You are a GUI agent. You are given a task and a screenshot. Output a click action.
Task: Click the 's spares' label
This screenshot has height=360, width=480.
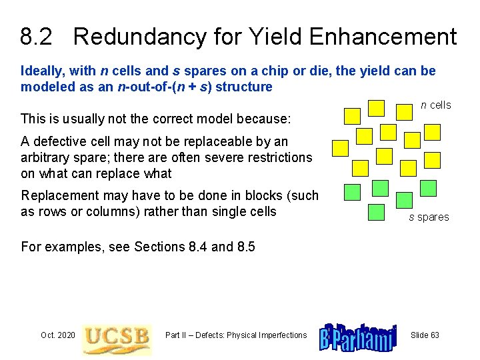tap(429, 217)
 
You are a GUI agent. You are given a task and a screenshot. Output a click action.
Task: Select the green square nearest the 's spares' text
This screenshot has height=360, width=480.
tap(404, 200)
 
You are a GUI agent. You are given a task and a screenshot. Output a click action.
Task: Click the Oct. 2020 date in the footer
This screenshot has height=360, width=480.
tap(58, 335)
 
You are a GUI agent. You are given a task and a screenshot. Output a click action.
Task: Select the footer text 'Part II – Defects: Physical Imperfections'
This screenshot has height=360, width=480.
tap(236, 335)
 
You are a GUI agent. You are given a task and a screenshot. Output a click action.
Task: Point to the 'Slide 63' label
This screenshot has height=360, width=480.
tap(425, 335)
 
